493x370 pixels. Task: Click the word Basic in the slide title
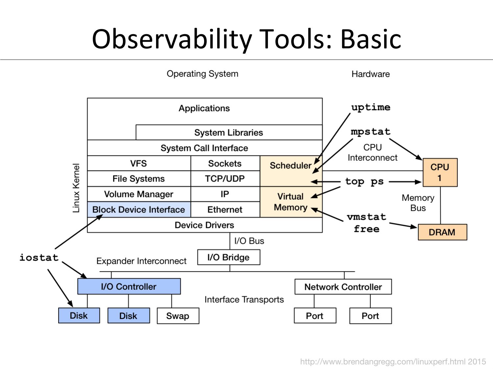coord(370,39)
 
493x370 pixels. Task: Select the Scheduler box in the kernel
coord(291,171)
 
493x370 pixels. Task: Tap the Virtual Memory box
coord(291,202)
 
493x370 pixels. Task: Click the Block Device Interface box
coord(139,210)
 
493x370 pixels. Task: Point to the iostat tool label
coord(39,258)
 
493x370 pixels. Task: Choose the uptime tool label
coord(371,108)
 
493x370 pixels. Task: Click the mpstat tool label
coord(371,132)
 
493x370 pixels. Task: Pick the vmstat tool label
coord(366,217)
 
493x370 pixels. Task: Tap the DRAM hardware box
coord(442,232)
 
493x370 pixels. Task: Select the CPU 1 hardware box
coord(440,172)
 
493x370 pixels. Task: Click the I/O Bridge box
coord(228,257)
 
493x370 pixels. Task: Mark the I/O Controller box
coord(129,286)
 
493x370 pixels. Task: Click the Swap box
coord(178,316)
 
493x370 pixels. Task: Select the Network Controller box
coord(343,287)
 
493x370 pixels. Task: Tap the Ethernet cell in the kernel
coord(225,210)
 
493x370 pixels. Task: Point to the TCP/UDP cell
coord(225,179)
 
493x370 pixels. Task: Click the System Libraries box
coord(229,133)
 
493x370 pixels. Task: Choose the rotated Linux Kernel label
coord(76,188)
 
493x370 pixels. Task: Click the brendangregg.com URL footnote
coord(393,362)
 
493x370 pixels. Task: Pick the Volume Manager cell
coord(139,194)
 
